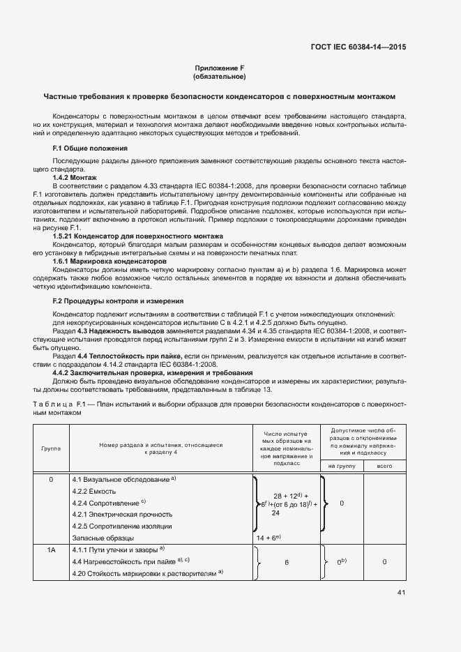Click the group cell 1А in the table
[x=51, y=550]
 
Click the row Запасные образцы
[x=97, y=538]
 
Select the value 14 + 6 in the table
[x=267, y=538]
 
